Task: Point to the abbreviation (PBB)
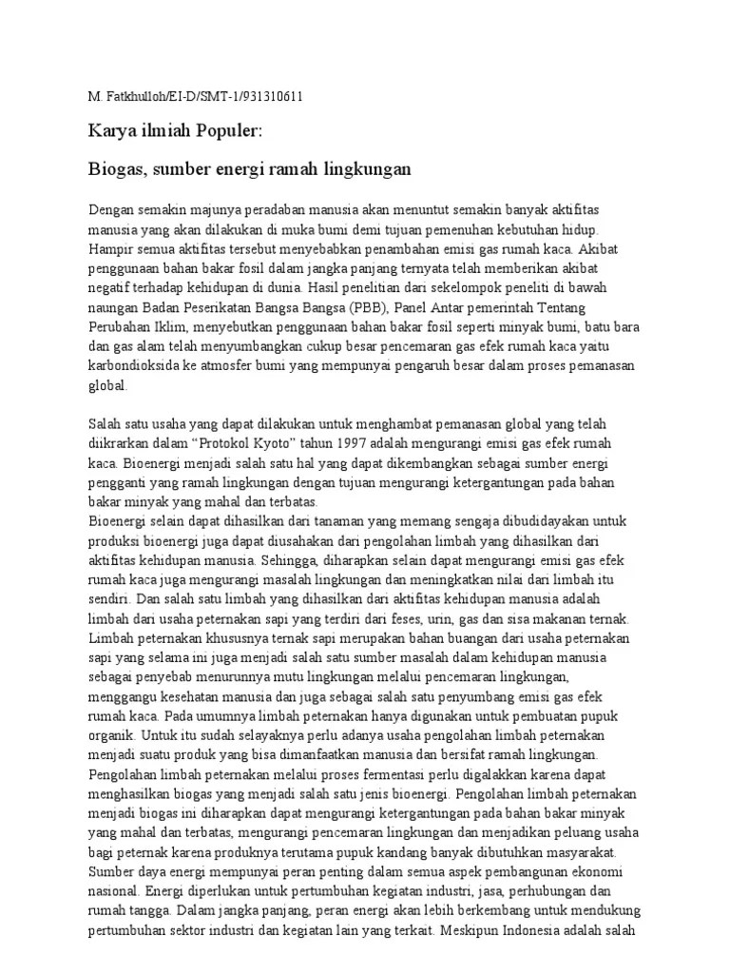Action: coord(360,308)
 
